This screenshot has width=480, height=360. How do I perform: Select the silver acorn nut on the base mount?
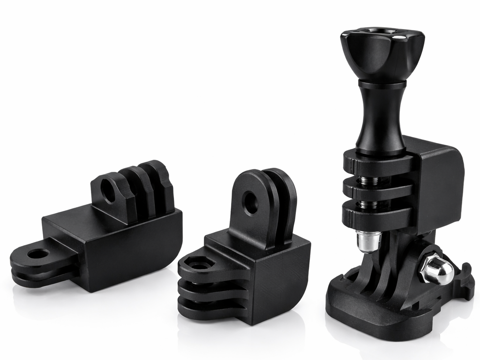coord(438,270)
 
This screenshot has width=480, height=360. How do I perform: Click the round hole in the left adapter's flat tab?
coord(37,254)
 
